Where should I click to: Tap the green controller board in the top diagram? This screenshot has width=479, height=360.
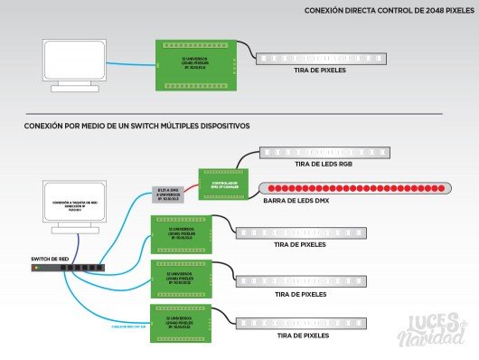click(x=196, y=64)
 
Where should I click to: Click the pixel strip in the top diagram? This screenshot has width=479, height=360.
click(x=321, y=59)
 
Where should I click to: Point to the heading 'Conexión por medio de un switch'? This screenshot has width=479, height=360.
click(x=136, y=126)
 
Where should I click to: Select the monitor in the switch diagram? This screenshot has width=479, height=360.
click(x=72, y=206)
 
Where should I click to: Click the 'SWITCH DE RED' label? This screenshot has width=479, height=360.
click(x=50, y=260)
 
